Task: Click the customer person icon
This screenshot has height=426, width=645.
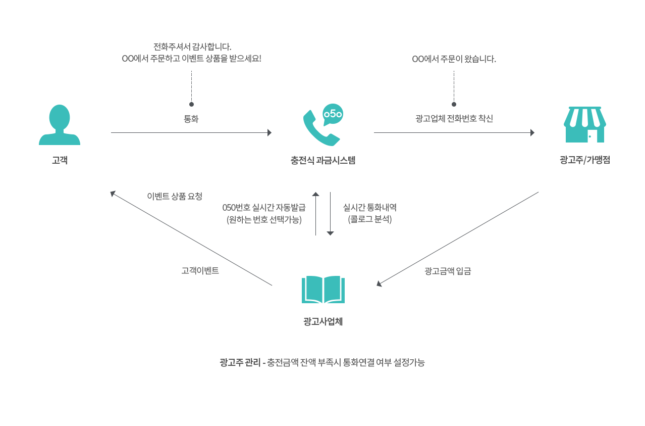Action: tap(60, 125)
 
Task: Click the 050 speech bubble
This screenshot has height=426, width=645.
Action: tap(333, 114)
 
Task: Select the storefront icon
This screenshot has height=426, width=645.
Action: tap(585, 124)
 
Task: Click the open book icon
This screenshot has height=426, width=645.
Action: tap(323, 290)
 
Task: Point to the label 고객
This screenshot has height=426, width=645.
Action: tap(60, 160)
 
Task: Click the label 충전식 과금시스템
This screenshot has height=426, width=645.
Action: tap(323, 160)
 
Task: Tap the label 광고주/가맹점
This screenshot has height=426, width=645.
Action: tap(585, 160)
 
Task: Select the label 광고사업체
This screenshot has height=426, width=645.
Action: tap(323, 321)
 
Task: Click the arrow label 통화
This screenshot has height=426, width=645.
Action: tap(191, 119)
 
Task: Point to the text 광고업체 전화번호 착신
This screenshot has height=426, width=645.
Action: tap(454, 118)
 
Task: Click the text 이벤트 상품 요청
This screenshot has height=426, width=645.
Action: tap(175, 196)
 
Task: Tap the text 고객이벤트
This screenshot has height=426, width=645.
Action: tap(200, 271)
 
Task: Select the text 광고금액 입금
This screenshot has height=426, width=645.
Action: tap(448, 271)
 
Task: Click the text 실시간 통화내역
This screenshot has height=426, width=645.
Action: tap(370, 207)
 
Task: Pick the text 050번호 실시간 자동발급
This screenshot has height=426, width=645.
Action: tap(264, 208)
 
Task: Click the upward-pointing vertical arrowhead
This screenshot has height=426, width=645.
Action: tap(315, 194)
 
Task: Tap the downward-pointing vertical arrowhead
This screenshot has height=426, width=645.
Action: tap(330, 233)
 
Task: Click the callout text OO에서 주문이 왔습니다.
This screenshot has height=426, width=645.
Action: tap(454, 59)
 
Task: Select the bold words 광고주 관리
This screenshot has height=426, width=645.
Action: tap(240, 362)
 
